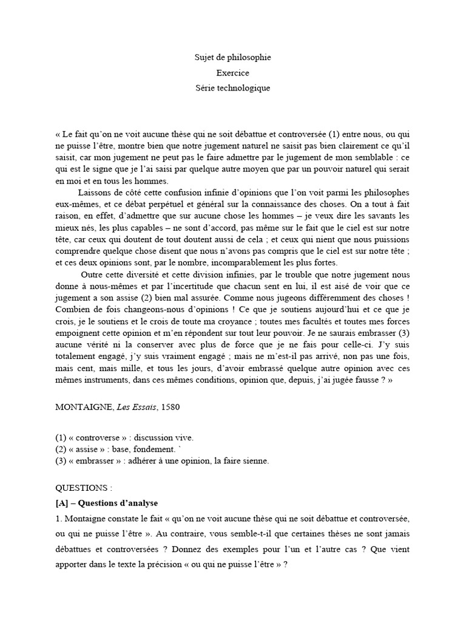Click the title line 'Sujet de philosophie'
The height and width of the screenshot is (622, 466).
[232, 58]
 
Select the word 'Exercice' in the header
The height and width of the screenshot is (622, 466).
[232, 73]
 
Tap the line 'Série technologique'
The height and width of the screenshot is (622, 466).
[232, 88]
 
